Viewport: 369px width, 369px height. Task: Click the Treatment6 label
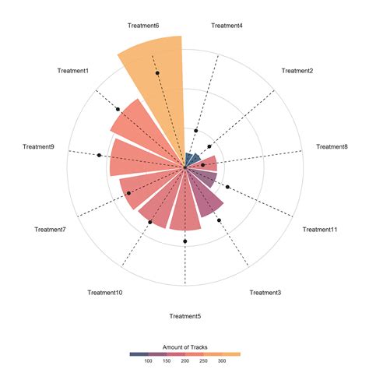(143, 26)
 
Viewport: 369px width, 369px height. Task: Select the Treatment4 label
(227, 26)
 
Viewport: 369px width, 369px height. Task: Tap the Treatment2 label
(297, 71)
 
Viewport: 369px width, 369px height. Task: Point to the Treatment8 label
(332, 146)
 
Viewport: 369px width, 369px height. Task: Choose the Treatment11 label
(320, 229)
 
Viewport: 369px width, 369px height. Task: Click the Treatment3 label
(265, 293)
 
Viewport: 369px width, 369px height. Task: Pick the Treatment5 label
(185, 316)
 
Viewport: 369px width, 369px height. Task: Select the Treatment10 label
(104, 293)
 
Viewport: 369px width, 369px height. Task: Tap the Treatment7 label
(50, 229)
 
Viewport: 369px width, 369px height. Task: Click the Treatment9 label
(38, 146)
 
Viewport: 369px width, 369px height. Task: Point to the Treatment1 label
(73, 71)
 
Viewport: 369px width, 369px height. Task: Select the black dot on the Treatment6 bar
(157, 72)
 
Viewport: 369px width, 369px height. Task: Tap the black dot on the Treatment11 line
(227, 187)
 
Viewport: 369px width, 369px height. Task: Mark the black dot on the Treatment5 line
(185, 241)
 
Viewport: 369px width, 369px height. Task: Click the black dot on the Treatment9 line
(100, 156)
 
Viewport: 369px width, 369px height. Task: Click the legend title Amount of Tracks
(184, 346)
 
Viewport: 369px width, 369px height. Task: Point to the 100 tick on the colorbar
(148, 361)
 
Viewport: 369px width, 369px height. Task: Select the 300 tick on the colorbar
(222, 361)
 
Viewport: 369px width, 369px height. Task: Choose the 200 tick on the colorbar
(184, 361)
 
